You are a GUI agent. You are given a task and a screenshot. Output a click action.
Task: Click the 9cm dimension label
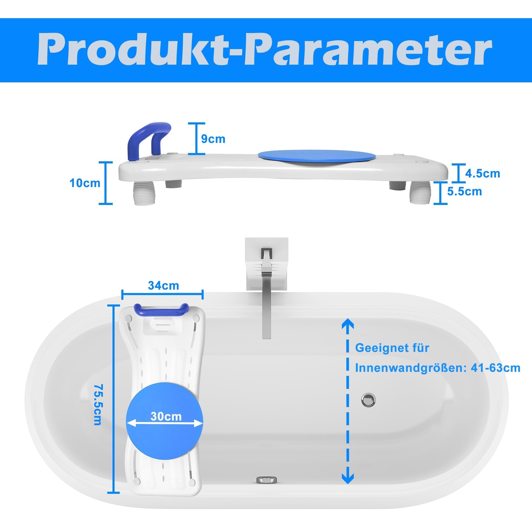pyautogui.click(x=213, y=139)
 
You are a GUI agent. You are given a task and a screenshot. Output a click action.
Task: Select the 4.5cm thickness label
pyautogui.click(x=482, y=174)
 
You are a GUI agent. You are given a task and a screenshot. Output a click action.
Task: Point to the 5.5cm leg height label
pyautogui.click(x=464, y=191)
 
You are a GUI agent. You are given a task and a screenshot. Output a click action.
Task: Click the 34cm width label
pyautogui.click(x=164, y=285)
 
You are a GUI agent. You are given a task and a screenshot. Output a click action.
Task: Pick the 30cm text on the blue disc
pyautogui.click(x=166, y=417)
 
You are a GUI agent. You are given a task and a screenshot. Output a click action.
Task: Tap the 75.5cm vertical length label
pyautogui.click(x=97, y=407)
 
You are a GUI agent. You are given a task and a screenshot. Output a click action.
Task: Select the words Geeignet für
pyautogui.click(x=392, y=348)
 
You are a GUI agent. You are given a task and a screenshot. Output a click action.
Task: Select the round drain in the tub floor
pyautogui.click(x=368, y=400)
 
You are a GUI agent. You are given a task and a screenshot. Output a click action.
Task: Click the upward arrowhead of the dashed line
pyautogui.click(x=348, y=324)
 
